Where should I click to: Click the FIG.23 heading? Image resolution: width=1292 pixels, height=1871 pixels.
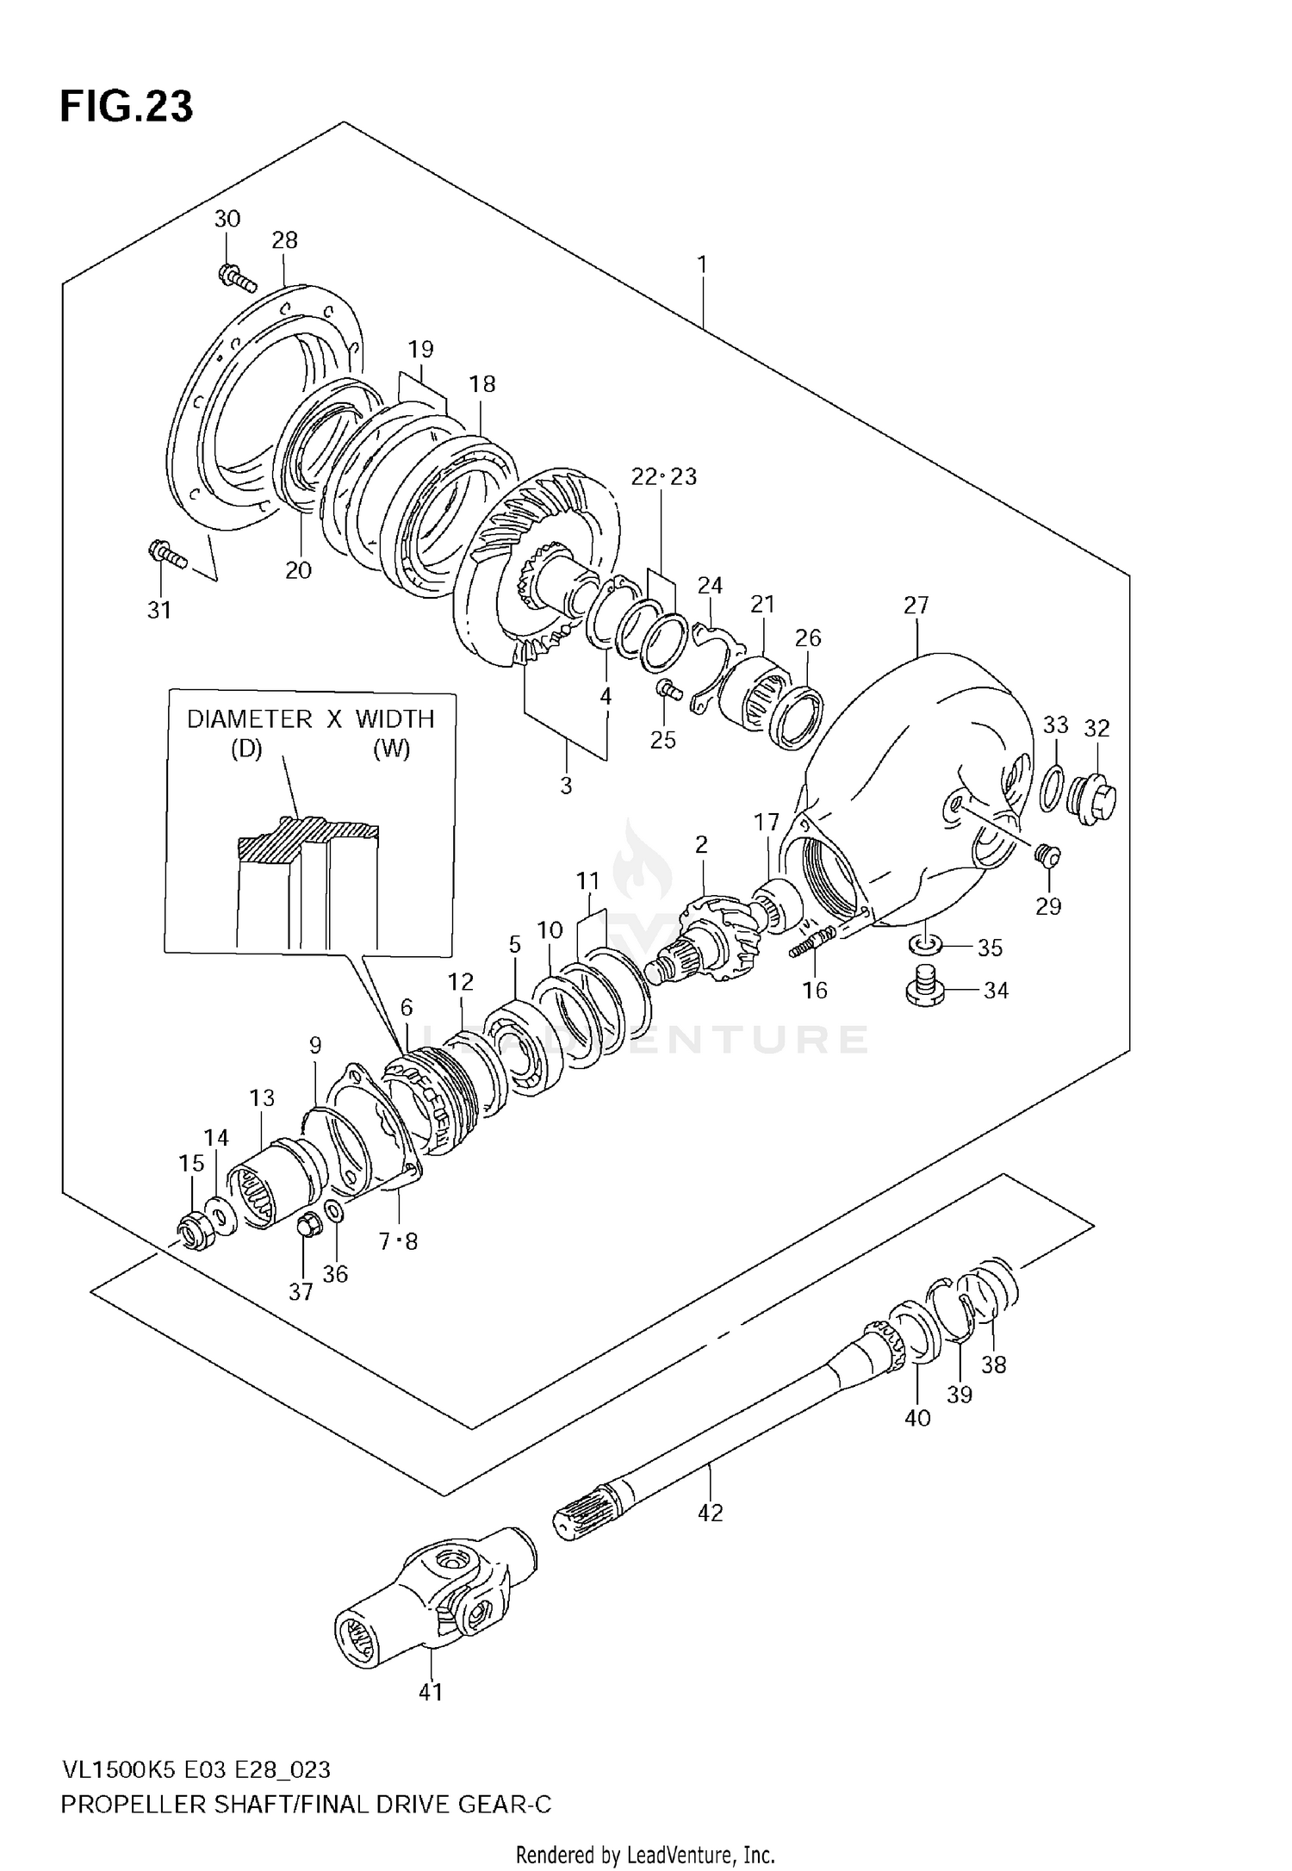click(127, 107)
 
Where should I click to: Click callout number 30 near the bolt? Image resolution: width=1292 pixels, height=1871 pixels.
click(227, 219)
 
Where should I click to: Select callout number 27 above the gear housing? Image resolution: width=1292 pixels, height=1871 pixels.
click(916, 606)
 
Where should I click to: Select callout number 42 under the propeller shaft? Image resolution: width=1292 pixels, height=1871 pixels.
click(711, 1512)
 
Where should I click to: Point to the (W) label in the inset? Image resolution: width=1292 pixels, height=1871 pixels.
click(391, 749)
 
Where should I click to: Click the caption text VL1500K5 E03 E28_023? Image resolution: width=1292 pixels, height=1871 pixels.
click(196, 1769)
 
